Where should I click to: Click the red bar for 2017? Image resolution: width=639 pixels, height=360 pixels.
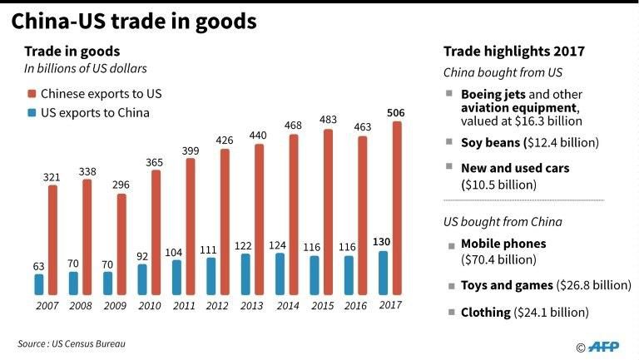coord(397,208)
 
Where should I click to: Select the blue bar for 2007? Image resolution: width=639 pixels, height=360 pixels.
coord(39,284)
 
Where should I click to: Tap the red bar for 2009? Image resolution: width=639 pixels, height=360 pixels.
coord(121,244)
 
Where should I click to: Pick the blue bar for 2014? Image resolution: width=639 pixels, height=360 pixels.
coord(280,274)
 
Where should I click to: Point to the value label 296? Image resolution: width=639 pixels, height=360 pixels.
coord(121,185)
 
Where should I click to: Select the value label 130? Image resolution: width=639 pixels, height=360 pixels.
coord(382,241)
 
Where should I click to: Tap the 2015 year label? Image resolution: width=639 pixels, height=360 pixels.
coord(320,305)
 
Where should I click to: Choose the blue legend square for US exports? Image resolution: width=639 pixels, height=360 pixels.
coord(32,112)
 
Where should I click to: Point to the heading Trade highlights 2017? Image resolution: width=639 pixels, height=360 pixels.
coord(513,52)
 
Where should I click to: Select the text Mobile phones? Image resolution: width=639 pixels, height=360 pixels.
coord(503,244)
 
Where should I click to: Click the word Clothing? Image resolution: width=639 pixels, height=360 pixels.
coord(485,313)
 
